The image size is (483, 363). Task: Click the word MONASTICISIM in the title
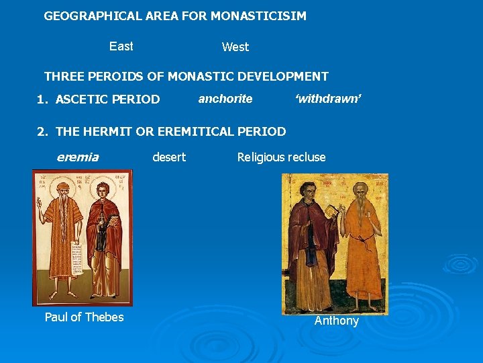[258, 15]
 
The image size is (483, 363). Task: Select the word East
[121, 46]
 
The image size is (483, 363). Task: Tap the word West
[235, 47]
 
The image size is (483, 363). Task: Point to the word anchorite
[225, 99]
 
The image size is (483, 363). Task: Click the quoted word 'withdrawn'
[329, 99]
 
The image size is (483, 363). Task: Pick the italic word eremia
[78, 157]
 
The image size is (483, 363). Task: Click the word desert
[169, 157]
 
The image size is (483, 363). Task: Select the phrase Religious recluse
[281, 157]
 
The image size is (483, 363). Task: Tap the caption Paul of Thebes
[84, 317]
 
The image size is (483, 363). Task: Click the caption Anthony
[337, 321]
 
